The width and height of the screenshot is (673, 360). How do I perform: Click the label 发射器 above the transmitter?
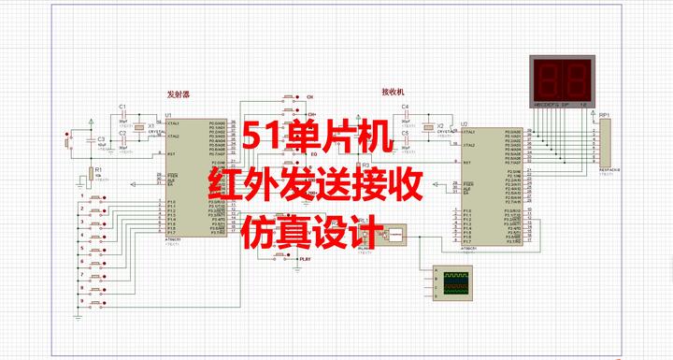pyautogui.click(x=177, y=94)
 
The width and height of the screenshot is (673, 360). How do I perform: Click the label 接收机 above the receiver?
pyautogui.click(x=394, y=92)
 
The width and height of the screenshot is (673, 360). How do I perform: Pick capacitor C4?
pyautogui.click(x=406, y=114)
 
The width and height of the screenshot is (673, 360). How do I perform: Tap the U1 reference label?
pyautogui.click(x=168, y=116)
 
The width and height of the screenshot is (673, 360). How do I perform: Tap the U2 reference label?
pyautogui.click(x=465, y=122)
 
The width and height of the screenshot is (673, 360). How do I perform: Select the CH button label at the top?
pyautogui.click(x=310, y=97)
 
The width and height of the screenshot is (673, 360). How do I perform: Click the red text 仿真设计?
pyautogui.click(x=308, y=231)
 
